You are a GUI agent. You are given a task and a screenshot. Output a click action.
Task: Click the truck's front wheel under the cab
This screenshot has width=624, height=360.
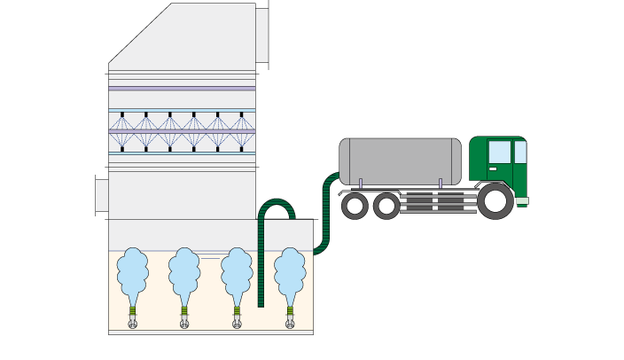[x=495, y=201]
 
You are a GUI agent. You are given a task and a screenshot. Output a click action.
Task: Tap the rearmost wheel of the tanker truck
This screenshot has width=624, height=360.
[x=355, y=207]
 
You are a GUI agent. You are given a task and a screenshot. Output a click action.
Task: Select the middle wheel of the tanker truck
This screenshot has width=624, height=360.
[x=386, y=207]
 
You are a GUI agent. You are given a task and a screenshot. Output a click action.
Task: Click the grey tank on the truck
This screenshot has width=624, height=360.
[x=400, y=161]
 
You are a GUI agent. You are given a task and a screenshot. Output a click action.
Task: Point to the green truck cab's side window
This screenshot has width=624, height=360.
[x=500, y=153]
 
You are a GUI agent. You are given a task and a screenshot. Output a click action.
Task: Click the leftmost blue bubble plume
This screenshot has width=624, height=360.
[x=133, y=272]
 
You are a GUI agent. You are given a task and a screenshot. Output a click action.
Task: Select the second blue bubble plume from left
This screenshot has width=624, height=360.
[x=184, y=272]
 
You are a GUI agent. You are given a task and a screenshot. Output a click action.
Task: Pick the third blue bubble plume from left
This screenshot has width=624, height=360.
[x=237, y=272]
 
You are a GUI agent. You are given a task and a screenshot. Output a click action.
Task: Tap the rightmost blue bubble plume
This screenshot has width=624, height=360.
[x=290, y=272]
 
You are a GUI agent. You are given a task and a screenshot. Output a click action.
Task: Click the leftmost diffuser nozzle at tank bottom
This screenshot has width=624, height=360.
[x=133, y=323]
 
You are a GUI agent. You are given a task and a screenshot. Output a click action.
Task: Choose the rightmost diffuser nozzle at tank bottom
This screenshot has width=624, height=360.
[x=290, y=323]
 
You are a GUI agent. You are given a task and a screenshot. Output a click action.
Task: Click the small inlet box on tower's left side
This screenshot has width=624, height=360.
[x=101, y=195]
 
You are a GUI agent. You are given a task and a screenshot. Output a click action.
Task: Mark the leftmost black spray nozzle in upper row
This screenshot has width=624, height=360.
[x=122, y=114]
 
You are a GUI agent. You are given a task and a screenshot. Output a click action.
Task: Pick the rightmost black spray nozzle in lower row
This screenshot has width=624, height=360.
[x=241, y=148]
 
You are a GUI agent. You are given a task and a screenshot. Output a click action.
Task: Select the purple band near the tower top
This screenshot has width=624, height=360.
[x=182, y=88]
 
